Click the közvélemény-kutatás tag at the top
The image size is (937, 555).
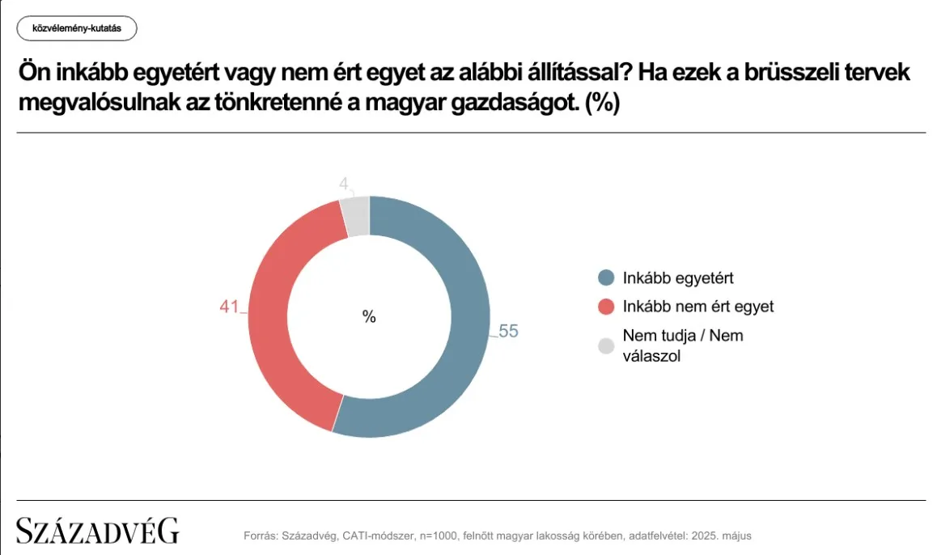[x=77, y=28]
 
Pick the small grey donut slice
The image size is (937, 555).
[x=358, y=216]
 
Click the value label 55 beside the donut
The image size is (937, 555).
[x=508, y=331]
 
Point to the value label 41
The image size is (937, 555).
[x=229, y=307]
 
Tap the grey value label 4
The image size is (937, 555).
[x=344, y=184]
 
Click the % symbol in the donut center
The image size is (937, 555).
[x=369, y=316]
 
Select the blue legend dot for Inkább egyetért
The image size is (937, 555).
[x=606, y=277]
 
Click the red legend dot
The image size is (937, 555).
[x=606, y=307]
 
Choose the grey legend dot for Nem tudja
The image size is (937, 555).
[x=606, y=346]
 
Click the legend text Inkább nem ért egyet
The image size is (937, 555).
[x=698, y=307]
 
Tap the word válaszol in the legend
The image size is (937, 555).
[x=652, y=356]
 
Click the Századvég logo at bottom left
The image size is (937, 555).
[x=97, y=530]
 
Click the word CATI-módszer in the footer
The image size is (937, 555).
[x=378, y=536]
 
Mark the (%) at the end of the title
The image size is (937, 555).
[x=602, y=103]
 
